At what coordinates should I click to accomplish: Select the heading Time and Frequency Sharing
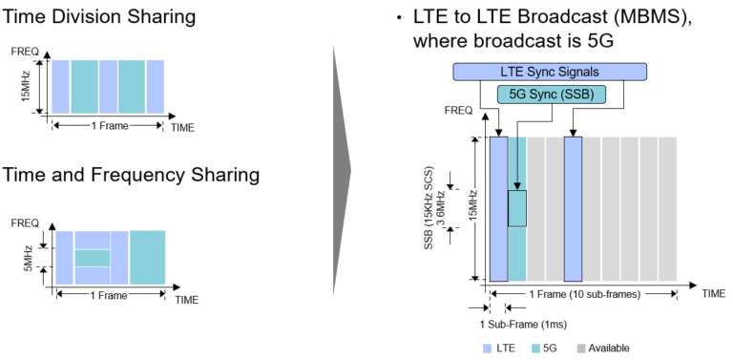click(132, 175)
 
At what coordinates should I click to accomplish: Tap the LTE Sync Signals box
click(550, 72)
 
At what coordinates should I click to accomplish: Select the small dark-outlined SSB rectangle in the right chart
click(516, 208)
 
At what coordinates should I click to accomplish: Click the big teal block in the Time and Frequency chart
click(147, 256)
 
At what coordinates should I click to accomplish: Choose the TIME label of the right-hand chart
click(714, 294)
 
